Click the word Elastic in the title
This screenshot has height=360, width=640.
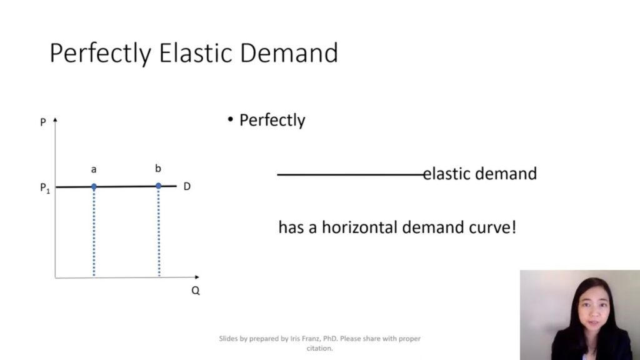pos(195,53)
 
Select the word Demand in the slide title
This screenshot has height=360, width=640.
pos(289,53)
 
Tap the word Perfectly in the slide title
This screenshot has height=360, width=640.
pos(100,54)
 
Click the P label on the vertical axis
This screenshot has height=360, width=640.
pos(43,122)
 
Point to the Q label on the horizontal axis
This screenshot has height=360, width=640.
pos(196,291)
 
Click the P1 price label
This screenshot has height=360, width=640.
pos(44,189)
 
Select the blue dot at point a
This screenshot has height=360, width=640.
pos(94,186)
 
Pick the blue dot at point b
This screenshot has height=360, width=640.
pos(158,186)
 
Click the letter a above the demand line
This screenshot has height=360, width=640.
pos(94,169)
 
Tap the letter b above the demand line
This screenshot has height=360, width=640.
pos(158,169)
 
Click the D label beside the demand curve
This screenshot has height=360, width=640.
pos(187,186)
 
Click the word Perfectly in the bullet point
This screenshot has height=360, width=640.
pos(272,120)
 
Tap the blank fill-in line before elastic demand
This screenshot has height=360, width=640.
pos(350,174)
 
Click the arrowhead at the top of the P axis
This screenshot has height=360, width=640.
pos(56,119)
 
